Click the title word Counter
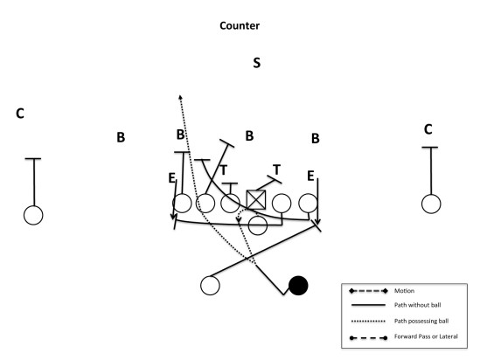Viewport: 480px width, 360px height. pyautogui.click(x=240, y=25)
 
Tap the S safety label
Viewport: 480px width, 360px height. pyautogui.click(x=256, y=63)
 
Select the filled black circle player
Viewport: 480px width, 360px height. pyautogui.click(x=298, y=286)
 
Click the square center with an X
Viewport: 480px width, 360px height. pyautogui.click(x=256, y=200)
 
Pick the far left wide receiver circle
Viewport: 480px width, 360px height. pyautogui.click(x=33, y=215)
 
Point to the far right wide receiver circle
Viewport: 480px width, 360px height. pyautogui.click(x=431, y=204)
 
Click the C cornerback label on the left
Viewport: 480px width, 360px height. pyautogui.click(x=20, y=114)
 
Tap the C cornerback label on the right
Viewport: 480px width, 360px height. pyautogui.click(x=428, y=129)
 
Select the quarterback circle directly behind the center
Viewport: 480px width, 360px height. pyautogui.click(x=258, y=225)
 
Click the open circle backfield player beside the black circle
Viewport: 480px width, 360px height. pyautogui.click(x=210, y=286)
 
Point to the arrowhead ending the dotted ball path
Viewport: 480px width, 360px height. pyautogui.click(x=180, y=97)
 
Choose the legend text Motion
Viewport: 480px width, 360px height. pyautogui.click(x=404, y=291)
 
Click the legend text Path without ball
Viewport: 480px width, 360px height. pyautogui.click(x=418, y=305)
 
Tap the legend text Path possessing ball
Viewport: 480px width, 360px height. pyautogui.click(x=421, y=321)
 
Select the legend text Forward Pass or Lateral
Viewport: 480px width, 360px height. pyautogui.click(x=426, y=336)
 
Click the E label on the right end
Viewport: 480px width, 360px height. pyautogui.click(x=310, y=177)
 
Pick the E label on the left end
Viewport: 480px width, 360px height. pyautogui.click(x=171, y=178)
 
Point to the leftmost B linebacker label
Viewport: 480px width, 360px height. pyautogui.click(x=121, y=137)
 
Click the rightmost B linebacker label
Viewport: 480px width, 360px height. pyautogui.click(x=316, y=138)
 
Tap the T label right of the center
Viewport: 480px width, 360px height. pyautogui.click(x=277, y=170)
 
